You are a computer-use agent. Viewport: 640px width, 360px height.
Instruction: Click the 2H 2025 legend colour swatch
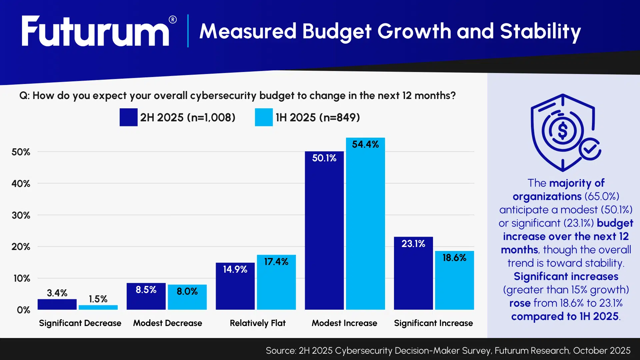tap(128, 117)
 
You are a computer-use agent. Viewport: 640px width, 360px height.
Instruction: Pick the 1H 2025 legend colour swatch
tap(264, 117)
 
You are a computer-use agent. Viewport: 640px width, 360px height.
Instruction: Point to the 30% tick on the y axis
tap(21, 215)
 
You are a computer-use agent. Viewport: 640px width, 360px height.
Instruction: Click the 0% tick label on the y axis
tap(23, 310)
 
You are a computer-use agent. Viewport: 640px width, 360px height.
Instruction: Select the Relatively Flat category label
tap(258, 323)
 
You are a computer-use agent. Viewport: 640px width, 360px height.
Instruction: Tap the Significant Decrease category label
tap(80, 323)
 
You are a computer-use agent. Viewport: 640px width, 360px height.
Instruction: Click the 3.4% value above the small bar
tap(57, 293)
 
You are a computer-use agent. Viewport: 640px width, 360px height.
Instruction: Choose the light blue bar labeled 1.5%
tap(98, 307)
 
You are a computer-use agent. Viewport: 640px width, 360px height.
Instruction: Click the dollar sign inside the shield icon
tap(562, 131)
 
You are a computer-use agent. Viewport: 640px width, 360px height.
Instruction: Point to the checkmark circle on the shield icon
tap(590, 149)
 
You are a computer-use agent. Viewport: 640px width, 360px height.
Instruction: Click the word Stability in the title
tap(540, 31)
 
